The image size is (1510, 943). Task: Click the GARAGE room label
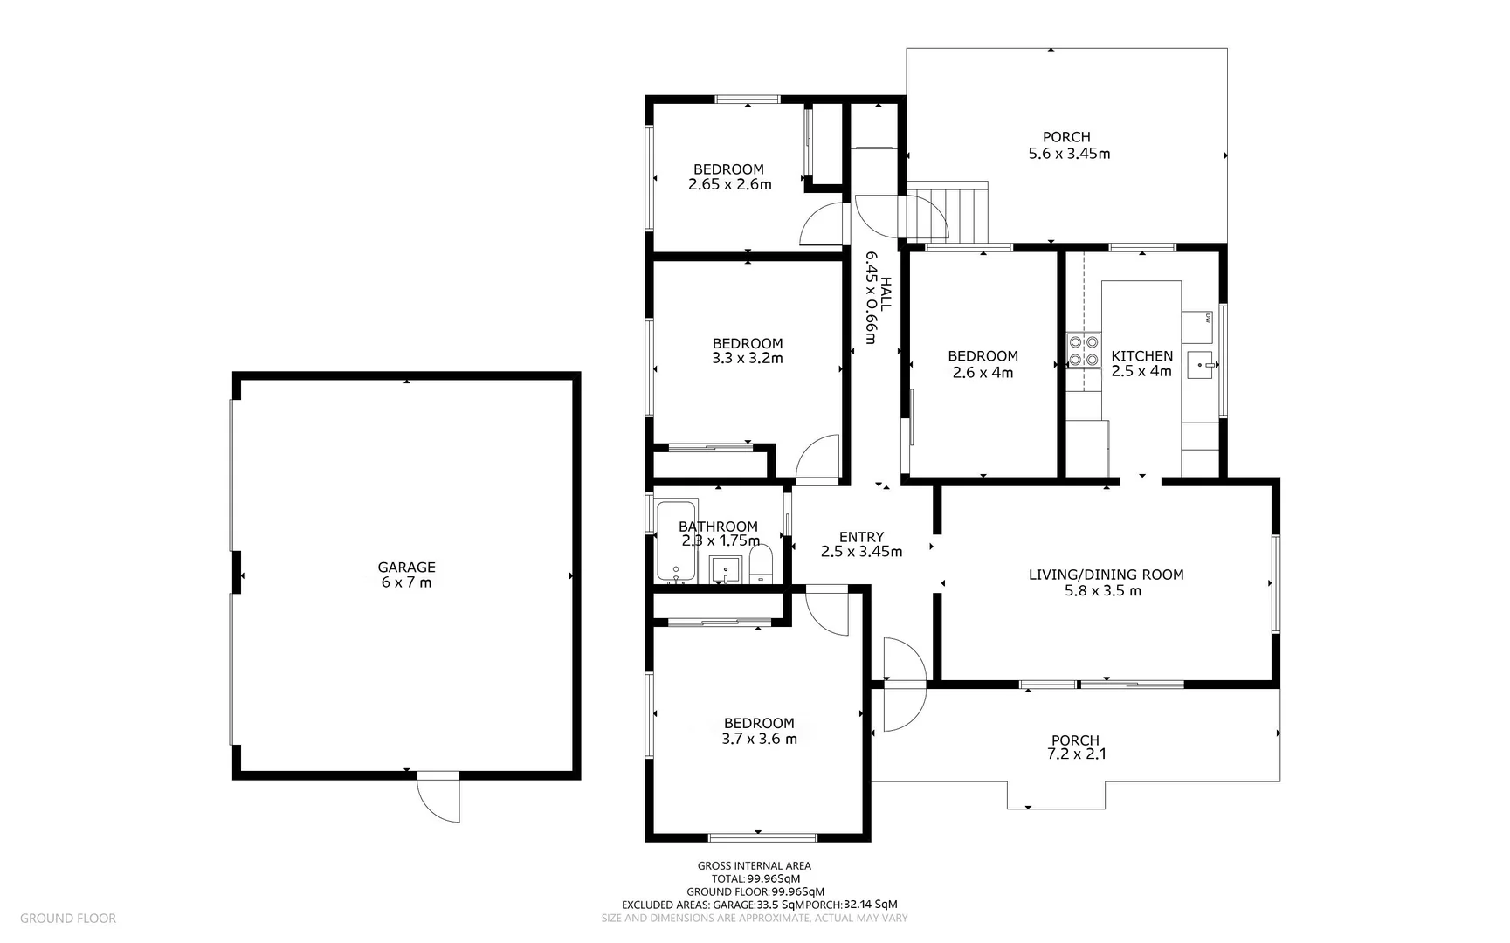point(406,568)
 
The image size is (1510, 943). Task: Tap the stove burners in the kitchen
point(1084,350)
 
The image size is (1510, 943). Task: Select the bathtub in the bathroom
point(675,541)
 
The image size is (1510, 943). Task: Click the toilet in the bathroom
point(762,564)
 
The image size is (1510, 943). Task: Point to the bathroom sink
point(725,569)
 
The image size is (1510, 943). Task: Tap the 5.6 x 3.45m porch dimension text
point(1069,154)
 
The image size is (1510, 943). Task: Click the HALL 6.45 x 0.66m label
point(877,298)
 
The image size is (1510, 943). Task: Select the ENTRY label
point(861,537)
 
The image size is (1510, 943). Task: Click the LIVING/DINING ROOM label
point(1106,575)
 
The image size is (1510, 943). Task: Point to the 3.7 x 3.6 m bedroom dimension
point(759,739)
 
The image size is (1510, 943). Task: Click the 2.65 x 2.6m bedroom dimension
point(729,185)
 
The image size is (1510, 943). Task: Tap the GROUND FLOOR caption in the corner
point(67,918)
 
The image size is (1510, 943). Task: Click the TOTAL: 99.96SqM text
point(755,878)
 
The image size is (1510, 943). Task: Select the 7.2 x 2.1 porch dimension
point(1076,754)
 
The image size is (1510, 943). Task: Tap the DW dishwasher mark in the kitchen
point(1207,318)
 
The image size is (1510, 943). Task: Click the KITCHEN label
point(1141,355)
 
